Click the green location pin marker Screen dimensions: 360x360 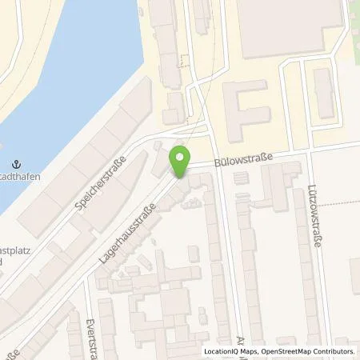click(x=179, y=163)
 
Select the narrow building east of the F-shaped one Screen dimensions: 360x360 click(x=322, y=91)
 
